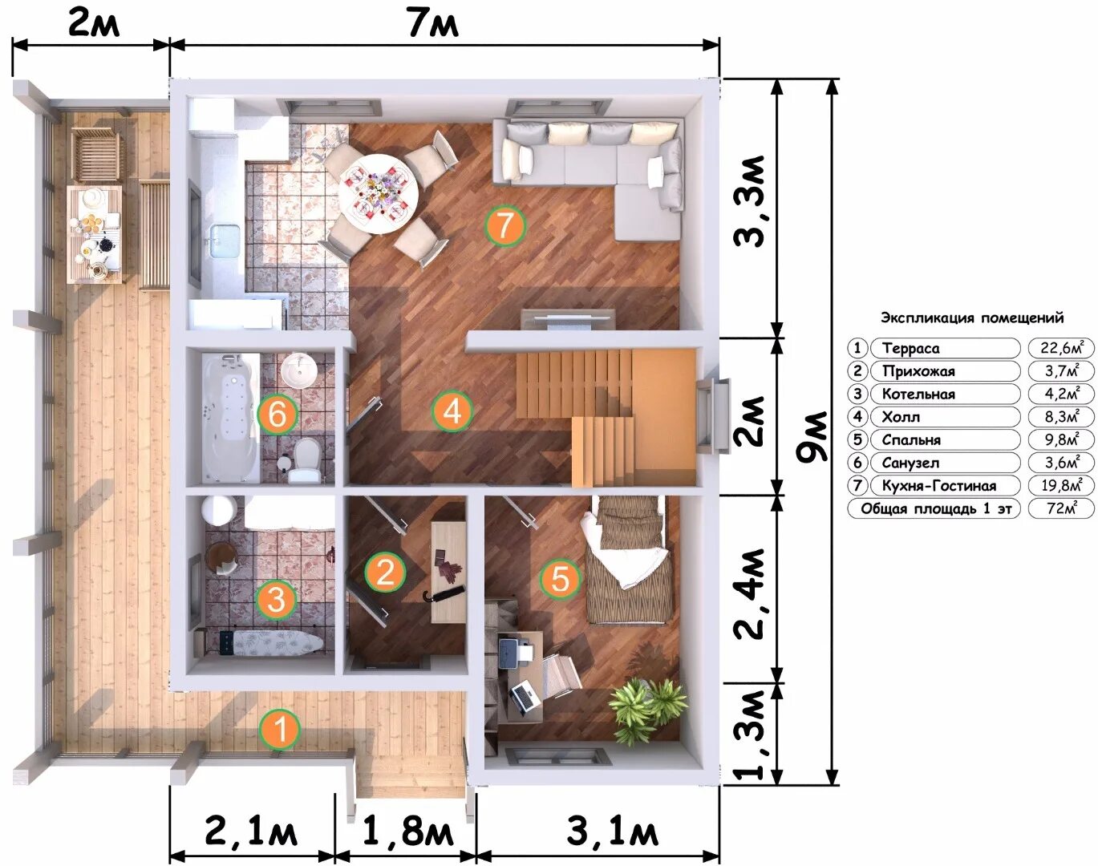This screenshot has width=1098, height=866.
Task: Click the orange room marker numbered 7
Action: [x=504, y=226]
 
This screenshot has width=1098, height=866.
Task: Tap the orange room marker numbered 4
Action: [x=452, y=411]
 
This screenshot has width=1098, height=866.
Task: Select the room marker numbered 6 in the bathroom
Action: [x=277, y=415]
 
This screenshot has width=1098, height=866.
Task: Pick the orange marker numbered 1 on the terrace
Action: [x=281, y=730]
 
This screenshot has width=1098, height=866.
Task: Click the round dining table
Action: [x=379, y=193]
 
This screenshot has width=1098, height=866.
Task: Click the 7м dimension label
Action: [x=433, y=24]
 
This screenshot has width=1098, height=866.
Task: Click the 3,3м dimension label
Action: [x=750, y=202]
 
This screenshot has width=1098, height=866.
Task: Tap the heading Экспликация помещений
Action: [x=973, y=318]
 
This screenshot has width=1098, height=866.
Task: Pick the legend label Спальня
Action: [x=912, y=440]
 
